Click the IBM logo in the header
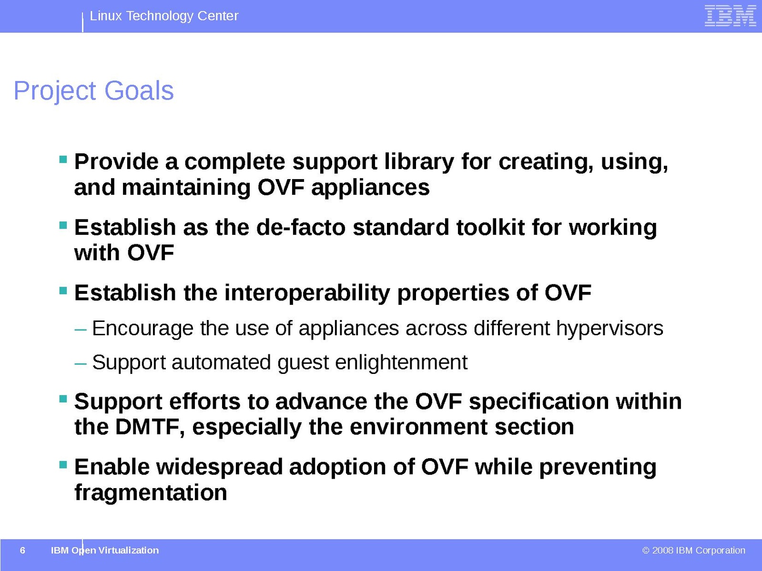730,16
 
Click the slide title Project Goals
93,91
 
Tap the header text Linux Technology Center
164,16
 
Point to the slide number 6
22,550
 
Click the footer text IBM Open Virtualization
105,550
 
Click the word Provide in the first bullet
116,161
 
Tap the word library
419,162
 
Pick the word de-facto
301,227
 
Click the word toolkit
490,227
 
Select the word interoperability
307,293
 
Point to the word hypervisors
610,329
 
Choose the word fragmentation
151,492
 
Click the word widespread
219,467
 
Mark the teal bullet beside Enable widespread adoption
63,464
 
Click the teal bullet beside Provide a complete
63,160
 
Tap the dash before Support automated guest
80,363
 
